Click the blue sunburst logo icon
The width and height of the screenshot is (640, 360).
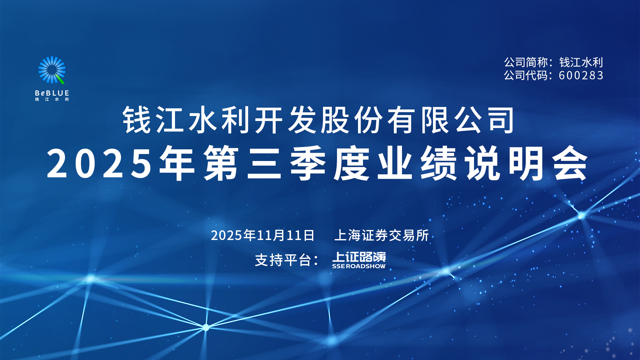pos(52,70)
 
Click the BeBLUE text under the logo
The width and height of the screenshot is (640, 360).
pos(52,93)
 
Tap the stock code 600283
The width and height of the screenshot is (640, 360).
pos(581,75)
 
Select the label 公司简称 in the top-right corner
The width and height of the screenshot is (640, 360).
pos(526,62)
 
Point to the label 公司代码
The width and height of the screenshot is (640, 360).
pos(526,75)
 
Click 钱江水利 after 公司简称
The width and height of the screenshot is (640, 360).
pos(581,62)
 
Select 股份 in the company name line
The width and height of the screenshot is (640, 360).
pos(352,120)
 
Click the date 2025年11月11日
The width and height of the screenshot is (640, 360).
pos(263,235)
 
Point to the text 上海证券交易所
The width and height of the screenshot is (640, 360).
pos(381,235)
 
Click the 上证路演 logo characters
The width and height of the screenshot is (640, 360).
pos(359,257)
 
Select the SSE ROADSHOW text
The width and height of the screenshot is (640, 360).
pos(359,266)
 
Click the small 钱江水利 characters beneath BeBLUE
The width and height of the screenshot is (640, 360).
pos(52,99)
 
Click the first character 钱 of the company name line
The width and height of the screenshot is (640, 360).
pos(137,120)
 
